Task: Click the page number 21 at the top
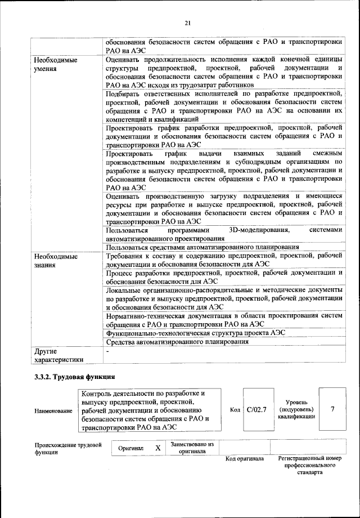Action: (x=188, y=23)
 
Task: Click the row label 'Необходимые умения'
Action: (x=55, y=64)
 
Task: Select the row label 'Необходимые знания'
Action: (x=55, y=261)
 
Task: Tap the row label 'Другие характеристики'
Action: (x=58, y=356)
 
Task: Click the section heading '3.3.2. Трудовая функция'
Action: (x=74, y=377)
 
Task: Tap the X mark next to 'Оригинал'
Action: (x=158, y=448)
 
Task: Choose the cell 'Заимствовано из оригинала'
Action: (x=192, y=448)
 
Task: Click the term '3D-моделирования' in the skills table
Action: (x=260, y=230)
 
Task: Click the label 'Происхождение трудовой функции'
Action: (x=67, y=449)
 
